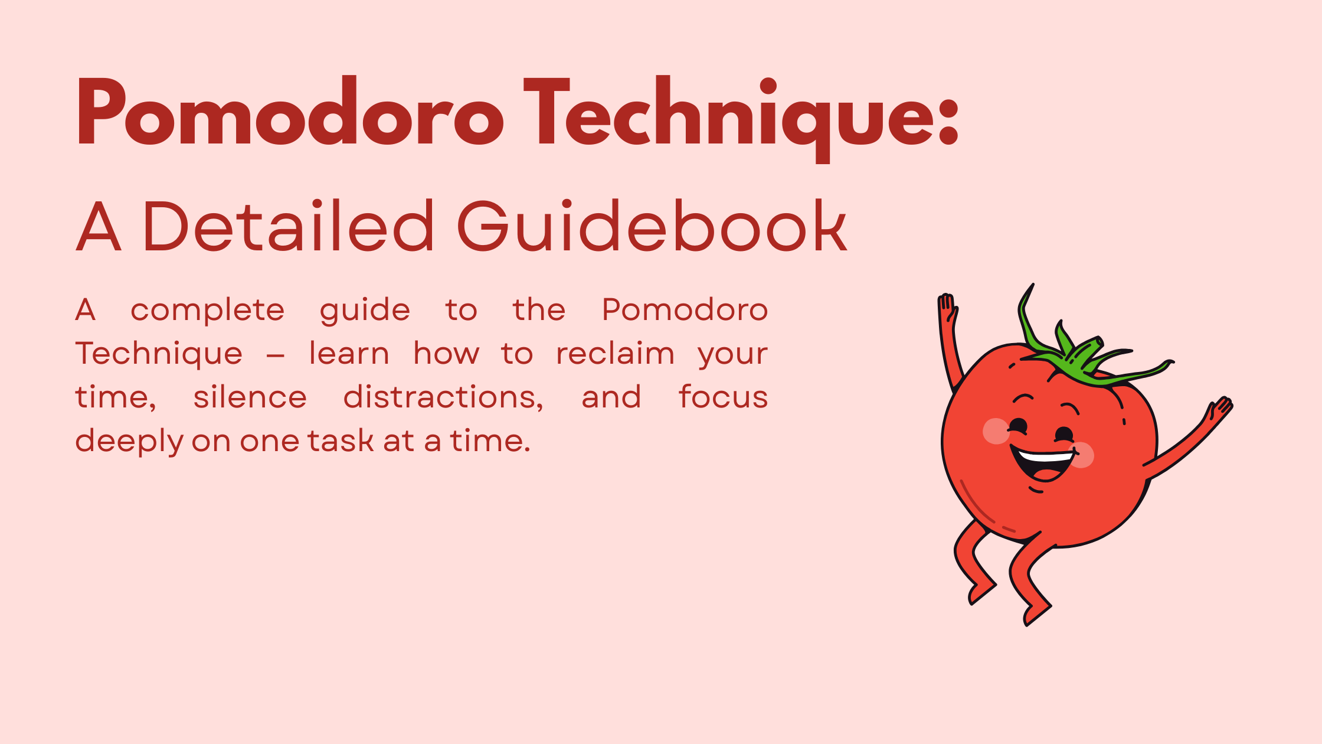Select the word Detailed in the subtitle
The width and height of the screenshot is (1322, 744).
289,226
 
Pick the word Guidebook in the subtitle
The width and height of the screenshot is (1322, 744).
652,226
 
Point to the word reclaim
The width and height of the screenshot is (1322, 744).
615,354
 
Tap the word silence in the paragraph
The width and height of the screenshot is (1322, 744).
250,397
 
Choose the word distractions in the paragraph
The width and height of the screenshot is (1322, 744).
443,398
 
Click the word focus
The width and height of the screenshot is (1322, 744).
723,397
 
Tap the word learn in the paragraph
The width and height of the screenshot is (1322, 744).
349,354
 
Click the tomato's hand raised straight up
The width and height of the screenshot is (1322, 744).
947,307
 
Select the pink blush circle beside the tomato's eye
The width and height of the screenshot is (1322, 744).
996,430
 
